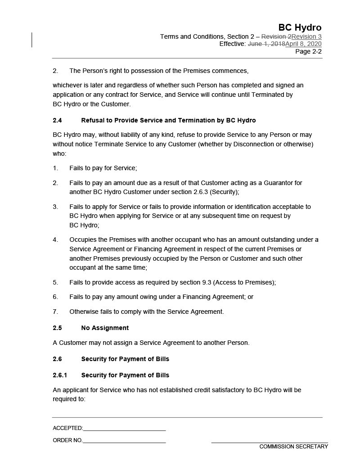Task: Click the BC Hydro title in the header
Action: point(300,27)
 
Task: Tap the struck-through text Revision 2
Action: point(276,36)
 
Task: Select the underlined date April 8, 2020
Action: point(303,44)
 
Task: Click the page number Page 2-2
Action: point(308,51)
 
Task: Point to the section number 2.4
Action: point(57,120)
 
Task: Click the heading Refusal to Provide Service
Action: point(168,120)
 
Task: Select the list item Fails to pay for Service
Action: point(103,168)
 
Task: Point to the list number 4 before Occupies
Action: point(55,240)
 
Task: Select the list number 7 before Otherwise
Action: point(55,312)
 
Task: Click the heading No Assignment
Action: point(105,328)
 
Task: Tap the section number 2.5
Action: point(57,328)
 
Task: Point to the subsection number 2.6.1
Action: point(60,375)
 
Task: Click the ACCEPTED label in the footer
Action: point(67,428)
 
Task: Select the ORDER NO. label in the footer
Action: point(67,440)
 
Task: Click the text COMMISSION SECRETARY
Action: point(293,447)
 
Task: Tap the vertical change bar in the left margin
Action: point(32,40)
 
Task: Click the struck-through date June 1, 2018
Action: point(266,44)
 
